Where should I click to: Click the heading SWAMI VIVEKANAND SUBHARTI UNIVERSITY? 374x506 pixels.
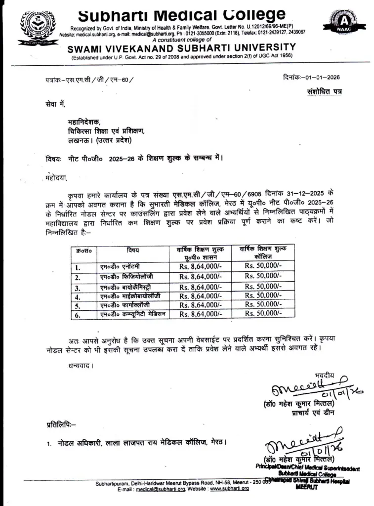181,47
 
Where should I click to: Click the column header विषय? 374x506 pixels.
133,250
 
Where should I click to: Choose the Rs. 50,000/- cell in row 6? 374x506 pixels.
263,313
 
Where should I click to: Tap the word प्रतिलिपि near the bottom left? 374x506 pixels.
59,423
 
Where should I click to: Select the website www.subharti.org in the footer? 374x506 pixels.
229,489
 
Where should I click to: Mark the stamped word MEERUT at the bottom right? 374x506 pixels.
307,487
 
